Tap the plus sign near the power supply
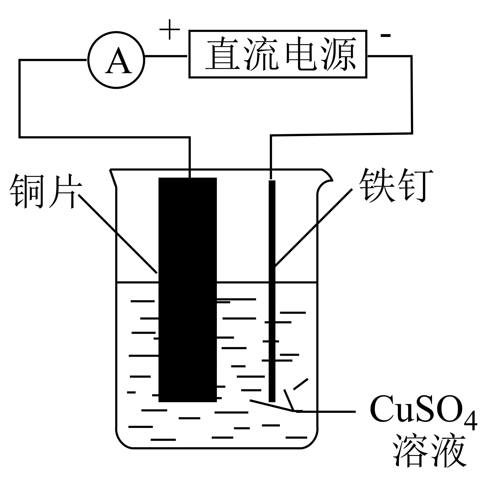point(170,29)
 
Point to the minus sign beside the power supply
point(385,35)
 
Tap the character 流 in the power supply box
point(262,54)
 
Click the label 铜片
point(46,191)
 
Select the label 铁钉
point(396,185)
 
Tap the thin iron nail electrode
point(272,291)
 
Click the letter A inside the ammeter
point(118,61)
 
